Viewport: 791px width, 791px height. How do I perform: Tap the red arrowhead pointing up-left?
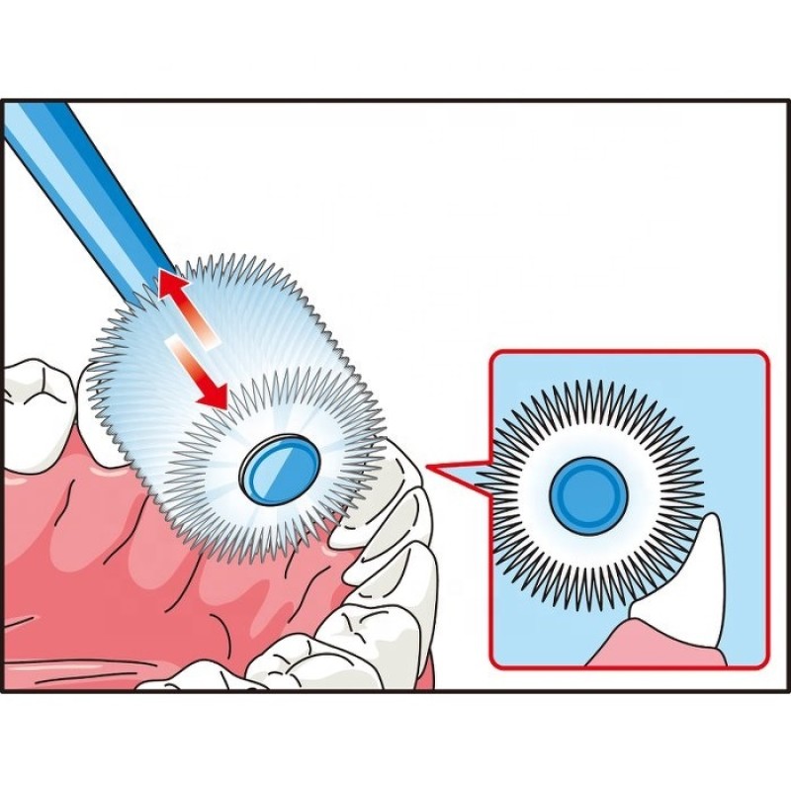pos(170,288)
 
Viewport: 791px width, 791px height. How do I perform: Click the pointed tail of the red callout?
pos(435,466)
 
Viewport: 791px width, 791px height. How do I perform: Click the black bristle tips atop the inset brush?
pos(593,391)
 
